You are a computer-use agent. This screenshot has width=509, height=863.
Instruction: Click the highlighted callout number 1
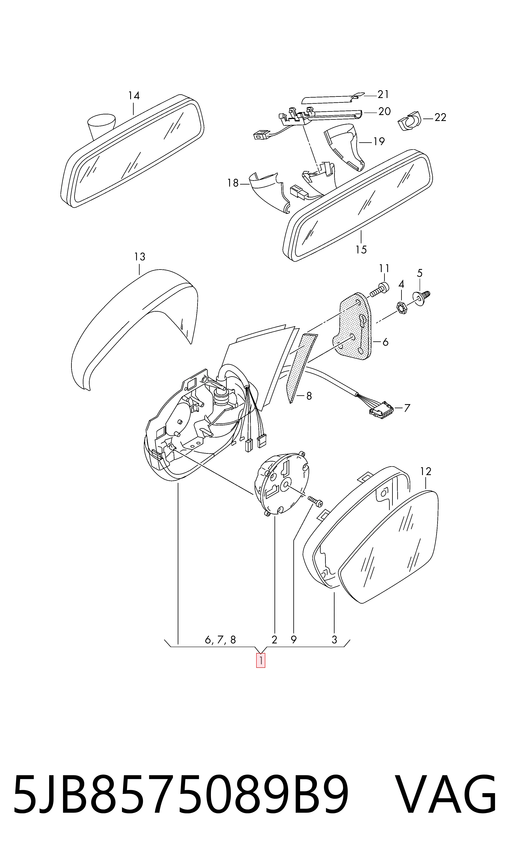point(261,660)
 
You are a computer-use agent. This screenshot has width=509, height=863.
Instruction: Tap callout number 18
point(232,183)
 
